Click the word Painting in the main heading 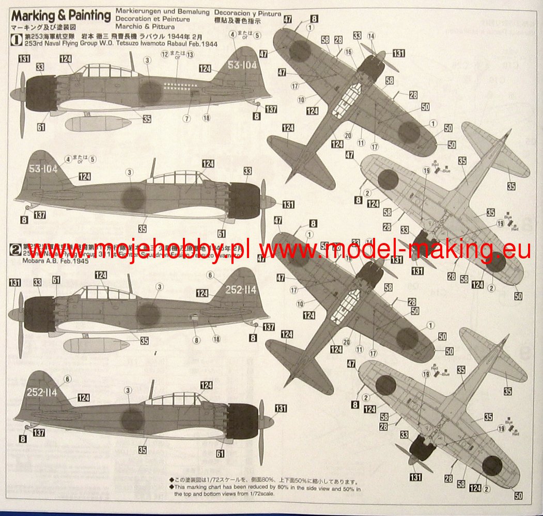[86, 15]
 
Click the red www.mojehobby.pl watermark [139, 249]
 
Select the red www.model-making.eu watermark [395, 249]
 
